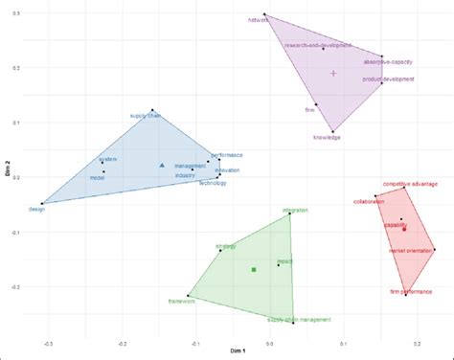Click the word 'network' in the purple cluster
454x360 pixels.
(x=258, y=19)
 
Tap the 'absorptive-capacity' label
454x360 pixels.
(x=387, y=61)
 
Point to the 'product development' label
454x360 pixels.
(x=388, y=79)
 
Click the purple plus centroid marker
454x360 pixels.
(x=333, y=73)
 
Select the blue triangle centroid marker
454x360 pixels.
(x=162, y=166)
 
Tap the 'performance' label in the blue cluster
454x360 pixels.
(x=227, y=155)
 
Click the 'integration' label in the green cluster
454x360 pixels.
(x=295, y=209)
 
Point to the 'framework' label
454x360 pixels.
(x=181, y=302)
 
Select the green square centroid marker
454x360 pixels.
(x=254, y=270)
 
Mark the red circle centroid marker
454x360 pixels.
(x=404, y=229)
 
